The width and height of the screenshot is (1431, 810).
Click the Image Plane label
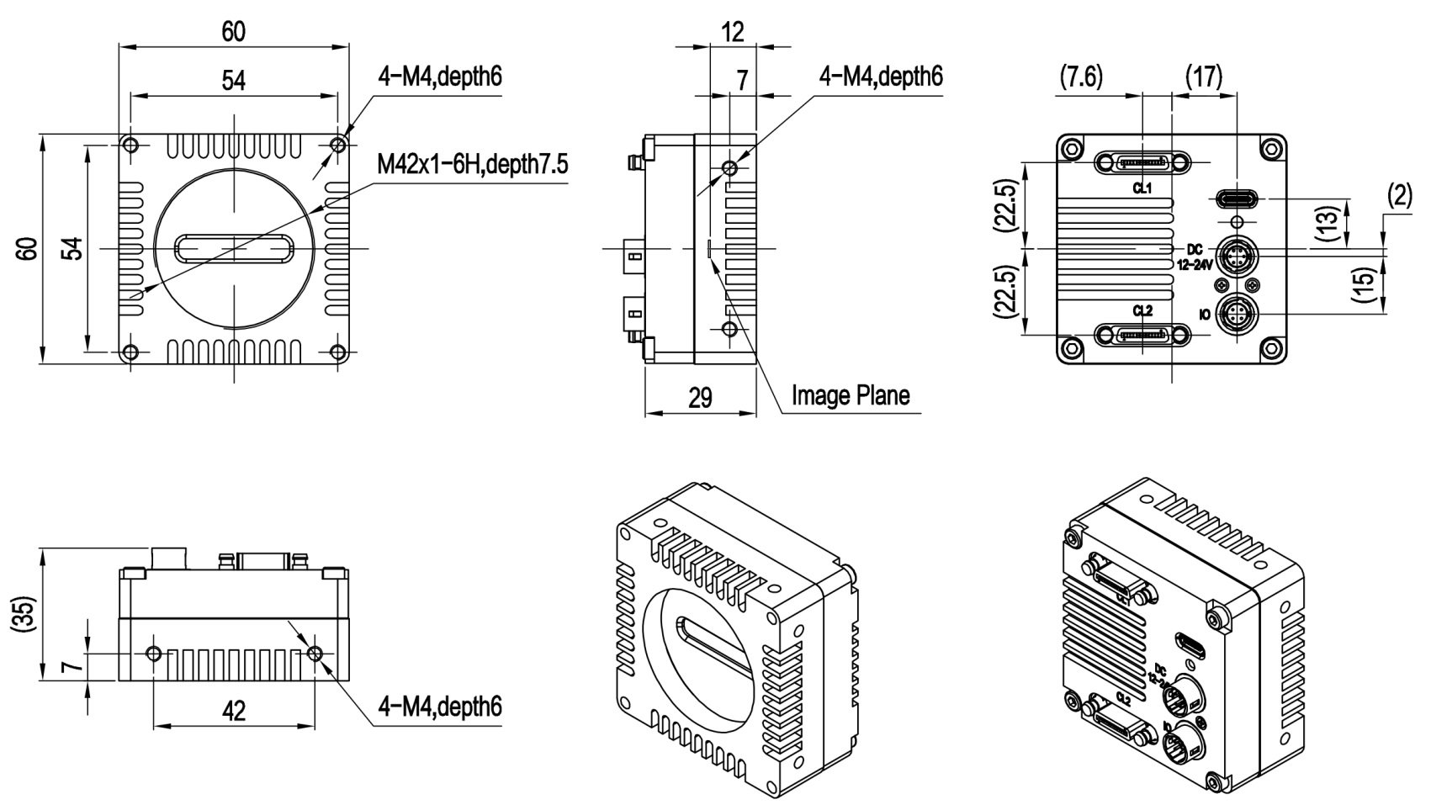[851, 394]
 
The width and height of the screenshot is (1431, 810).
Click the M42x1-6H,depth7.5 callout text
[472, 164]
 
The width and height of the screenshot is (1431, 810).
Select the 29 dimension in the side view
[700, 398]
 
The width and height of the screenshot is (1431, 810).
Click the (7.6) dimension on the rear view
[1081, 77]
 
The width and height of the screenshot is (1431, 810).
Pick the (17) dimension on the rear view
[1204, 77]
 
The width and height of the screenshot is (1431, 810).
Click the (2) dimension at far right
[1398, 196]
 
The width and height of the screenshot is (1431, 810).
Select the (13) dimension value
[1327, 223]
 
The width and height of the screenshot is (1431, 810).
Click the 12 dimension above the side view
[733, 32]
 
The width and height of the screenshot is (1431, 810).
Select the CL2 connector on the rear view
[1142, 336]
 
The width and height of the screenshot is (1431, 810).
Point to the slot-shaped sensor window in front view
[234, 249]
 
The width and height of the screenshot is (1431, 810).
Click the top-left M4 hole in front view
[130, 146]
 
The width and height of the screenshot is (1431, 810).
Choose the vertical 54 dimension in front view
[76, 249]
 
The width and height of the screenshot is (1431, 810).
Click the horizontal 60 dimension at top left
[233, 32]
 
